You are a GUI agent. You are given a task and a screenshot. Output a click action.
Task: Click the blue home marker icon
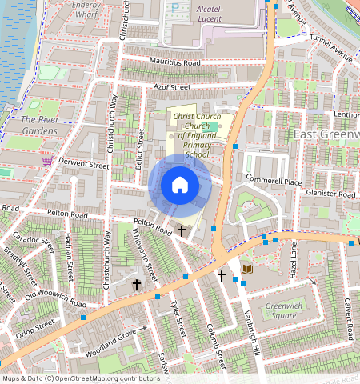click(x=180, y=186)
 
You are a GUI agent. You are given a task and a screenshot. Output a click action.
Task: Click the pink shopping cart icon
click(x=47, y=159)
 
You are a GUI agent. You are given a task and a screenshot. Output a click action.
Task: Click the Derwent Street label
click(x=84, y=164)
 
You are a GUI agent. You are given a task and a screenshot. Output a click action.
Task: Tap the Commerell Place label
click(x=273, y=181)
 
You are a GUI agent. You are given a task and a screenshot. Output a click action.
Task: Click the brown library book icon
click(x=246, y=269)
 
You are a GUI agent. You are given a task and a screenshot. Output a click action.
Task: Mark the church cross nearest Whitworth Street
click(x=136, y=284)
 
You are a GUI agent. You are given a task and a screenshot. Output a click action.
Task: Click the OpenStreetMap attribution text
click(x=80, y=378)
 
